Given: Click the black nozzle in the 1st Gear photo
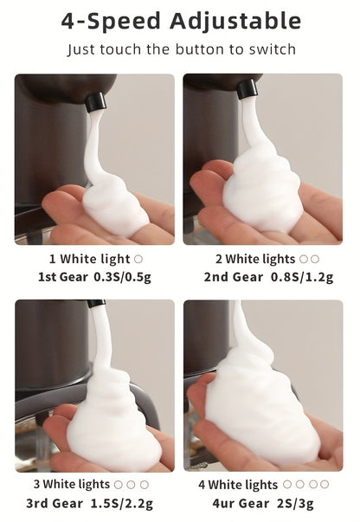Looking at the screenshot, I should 95,102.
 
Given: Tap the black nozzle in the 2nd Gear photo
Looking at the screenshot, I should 247,89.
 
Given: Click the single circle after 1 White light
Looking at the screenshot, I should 138,259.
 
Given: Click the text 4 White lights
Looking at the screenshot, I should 237,485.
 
